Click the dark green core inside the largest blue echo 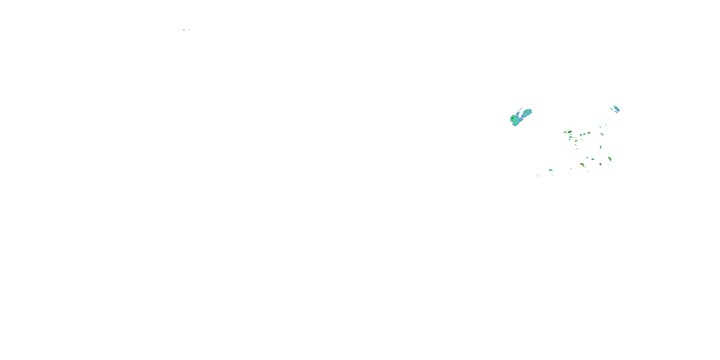513,119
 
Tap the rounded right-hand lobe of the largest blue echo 528,112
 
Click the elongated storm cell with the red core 582,165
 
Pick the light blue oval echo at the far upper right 617,108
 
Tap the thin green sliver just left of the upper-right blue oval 611,109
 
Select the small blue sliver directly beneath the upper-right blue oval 616,112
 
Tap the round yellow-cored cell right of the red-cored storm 600,164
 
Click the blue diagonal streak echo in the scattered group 602,134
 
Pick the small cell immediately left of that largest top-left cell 565,132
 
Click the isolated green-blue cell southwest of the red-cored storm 550,170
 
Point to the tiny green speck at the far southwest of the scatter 538,176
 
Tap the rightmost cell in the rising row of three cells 589,133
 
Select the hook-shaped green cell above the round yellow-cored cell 600,147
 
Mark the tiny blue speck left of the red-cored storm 571,169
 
